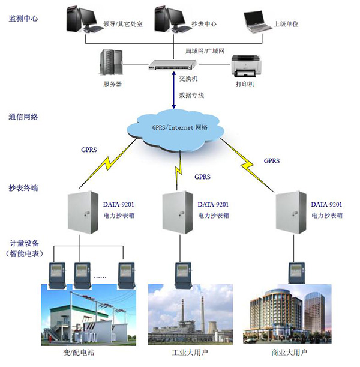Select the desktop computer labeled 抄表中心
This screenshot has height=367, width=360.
[167, 18]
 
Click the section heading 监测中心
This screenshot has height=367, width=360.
[23, 19]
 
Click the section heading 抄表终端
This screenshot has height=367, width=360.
[23, 188]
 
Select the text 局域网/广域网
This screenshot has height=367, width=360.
[205, 52]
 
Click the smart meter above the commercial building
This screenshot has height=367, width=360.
[293, 272]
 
